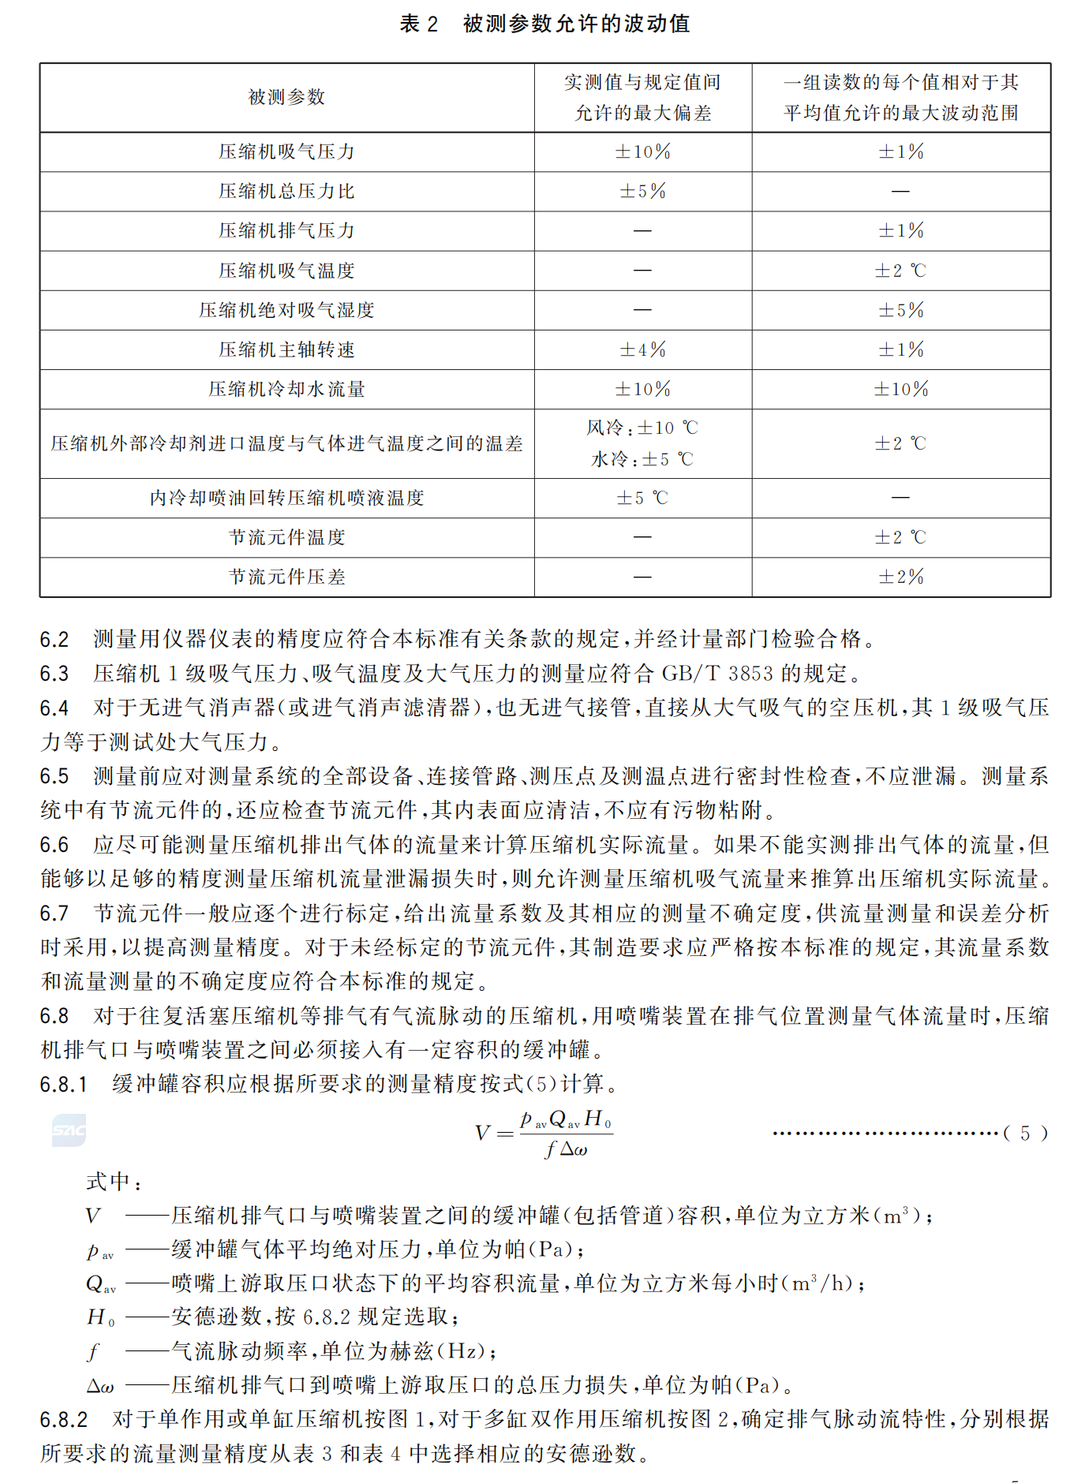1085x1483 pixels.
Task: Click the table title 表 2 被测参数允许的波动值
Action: (544, 24)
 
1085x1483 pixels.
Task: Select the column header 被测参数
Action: (286, 97)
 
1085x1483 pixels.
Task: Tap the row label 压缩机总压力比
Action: (286, 191)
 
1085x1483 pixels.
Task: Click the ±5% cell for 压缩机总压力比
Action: (642, 191)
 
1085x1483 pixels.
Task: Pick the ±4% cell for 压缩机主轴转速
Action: (642, 349)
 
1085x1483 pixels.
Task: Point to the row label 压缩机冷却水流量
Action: (286, 389)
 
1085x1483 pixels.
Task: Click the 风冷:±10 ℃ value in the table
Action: (642, 428)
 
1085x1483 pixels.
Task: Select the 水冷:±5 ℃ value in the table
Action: (642, 459)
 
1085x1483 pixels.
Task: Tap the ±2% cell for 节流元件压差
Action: (900, 577)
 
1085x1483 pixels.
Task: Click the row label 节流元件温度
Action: (286, 537)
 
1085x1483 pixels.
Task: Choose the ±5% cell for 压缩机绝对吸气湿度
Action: (900, 310)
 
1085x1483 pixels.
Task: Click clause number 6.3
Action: (54, 674)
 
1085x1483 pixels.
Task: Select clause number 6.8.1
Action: (63, 1085)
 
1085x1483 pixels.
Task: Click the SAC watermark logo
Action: (69, 1130)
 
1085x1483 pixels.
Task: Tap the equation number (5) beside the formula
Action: (1025, 1134)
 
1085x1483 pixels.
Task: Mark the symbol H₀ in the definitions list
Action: (100, 1317)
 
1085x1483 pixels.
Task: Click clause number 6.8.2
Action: (63, 1420)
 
